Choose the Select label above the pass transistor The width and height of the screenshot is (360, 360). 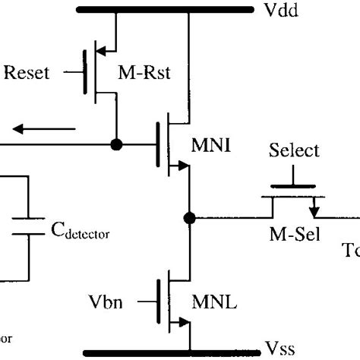293,151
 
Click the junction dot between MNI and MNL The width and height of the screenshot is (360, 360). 189,219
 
